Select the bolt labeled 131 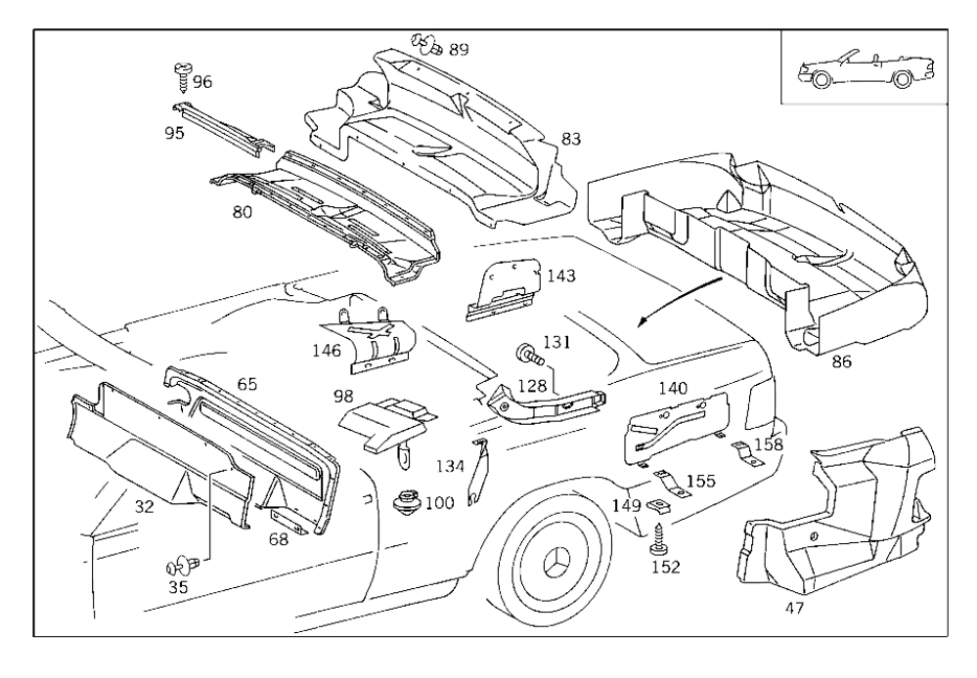529,356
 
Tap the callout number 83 571,139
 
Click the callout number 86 841,361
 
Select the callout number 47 794,609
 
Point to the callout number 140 673,389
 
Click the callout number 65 246,384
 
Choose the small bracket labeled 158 746,453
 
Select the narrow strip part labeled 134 479,472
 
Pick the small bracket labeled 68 290,519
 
